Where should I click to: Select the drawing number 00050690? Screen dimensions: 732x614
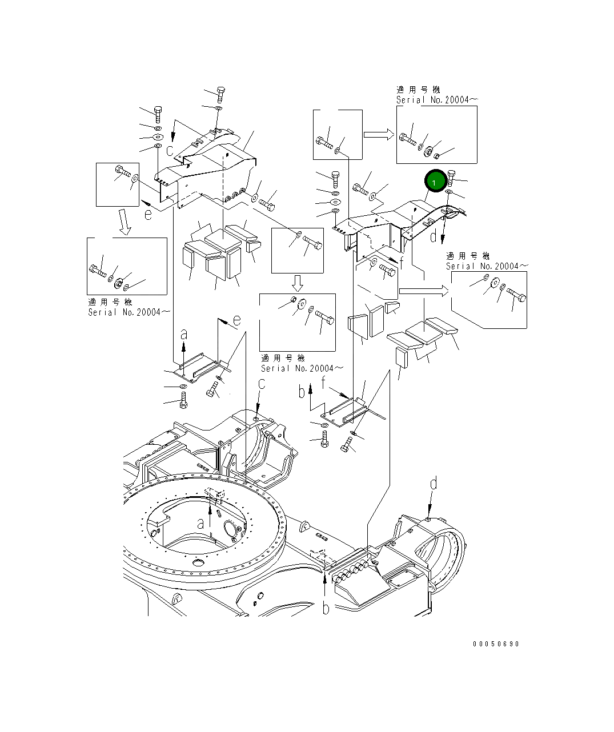coord(496,644)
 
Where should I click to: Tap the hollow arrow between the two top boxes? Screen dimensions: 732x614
coord(379,134)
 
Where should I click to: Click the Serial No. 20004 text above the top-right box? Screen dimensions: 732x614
coord(437,99)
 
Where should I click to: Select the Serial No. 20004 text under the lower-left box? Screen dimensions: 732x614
coord(129,312)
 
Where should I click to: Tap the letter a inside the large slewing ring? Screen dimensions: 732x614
coord(200,523)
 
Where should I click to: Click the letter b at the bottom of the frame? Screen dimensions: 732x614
coord(326,609)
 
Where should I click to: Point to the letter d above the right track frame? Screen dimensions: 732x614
coord(434,485)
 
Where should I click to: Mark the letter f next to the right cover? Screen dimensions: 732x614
coord(402,263)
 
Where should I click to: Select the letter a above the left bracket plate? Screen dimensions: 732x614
coord(183,334)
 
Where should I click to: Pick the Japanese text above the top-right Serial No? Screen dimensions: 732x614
coord(418,90)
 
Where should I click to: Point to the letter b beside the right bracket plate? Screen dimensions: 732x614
coord(302,392)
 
